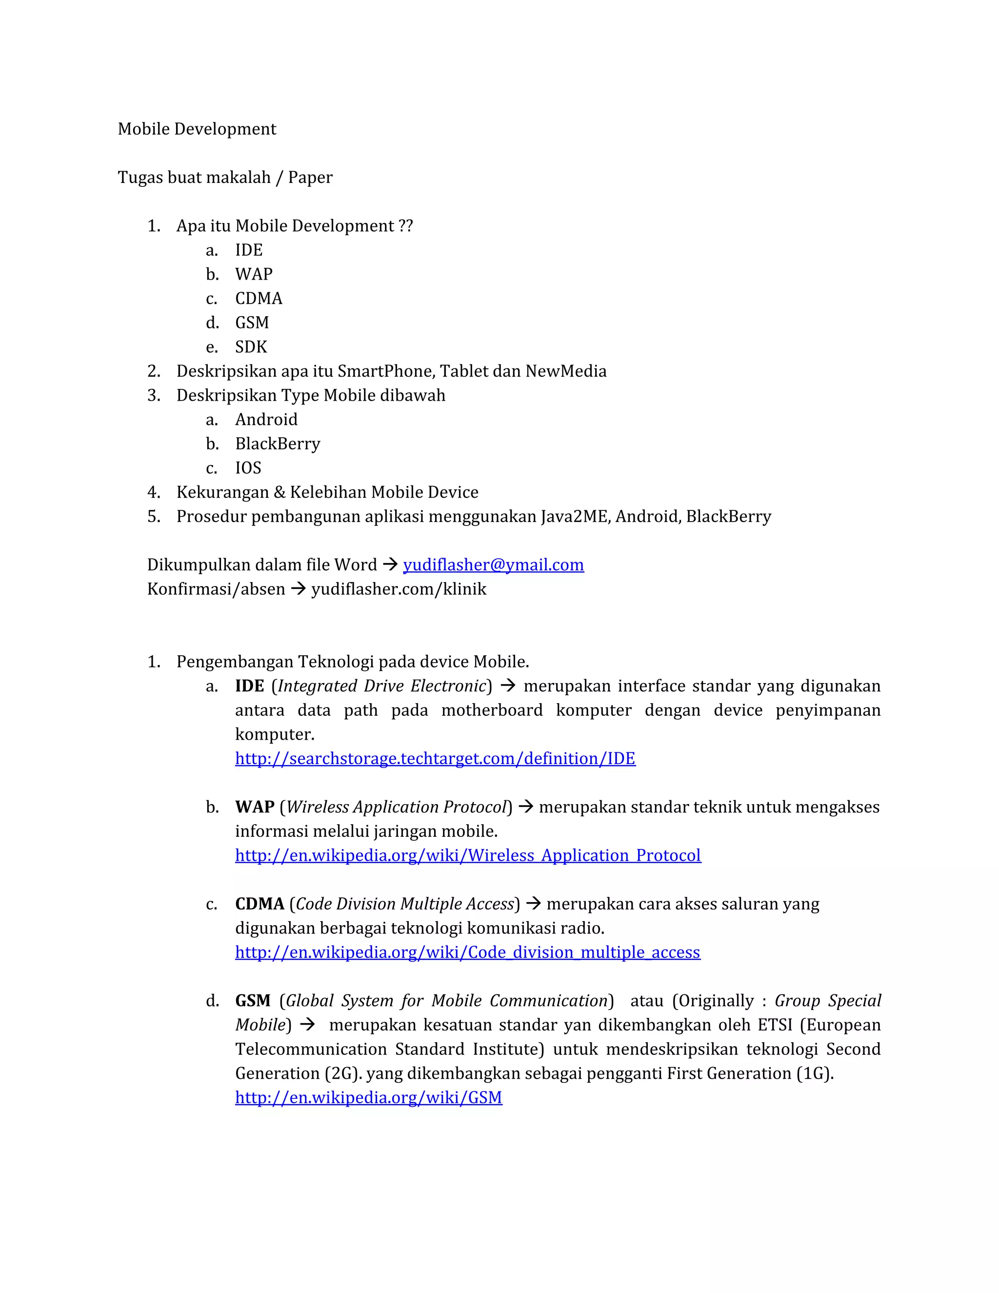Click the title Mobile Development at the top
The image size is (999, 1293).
tap(197, 129)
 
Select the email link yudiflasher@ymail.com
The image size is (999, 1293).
tap(493, 565)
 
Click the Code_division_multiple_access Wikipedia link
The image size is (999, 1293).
tap(467, 952)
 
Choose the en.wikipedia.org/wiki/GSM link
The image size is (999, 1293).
tap(368, 1098)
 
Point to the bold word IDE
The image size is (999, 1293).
tap(249, 686)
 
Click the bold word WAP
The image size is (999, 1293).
tap(255, 807)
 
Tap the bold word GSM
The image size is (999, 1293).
tap(253, 1001)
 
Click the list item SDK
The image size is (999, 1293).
tap(251, 347)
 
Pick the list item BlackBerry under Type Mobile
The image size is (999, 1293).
tap(278, 444)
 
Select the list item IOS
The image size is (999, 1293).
tap(248, 468)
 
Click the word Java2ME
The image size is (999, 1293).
tap(574, 517)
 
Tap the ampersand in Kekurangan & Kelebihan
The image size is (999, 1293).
tap(280, 493)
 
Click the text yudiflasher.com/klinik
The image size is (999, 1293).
tap(399, 589)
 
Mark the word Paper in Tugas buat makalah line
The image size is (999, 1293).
tap(310, 178)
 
